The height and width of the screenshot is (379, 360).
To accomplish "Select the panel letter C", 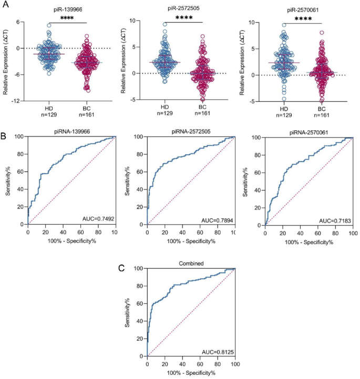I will click(x=122, y=268).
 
